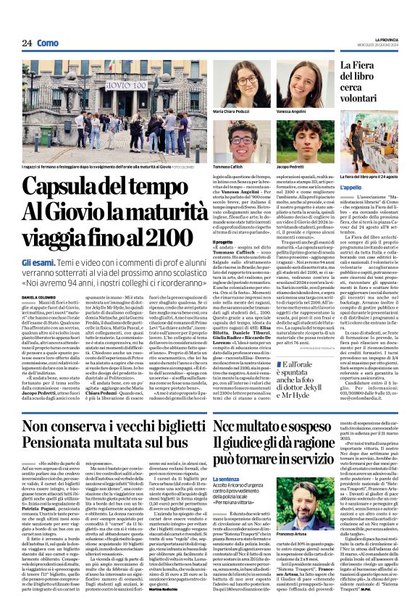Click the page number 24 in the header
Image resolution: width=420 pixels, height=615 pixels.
pos(27,43)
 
